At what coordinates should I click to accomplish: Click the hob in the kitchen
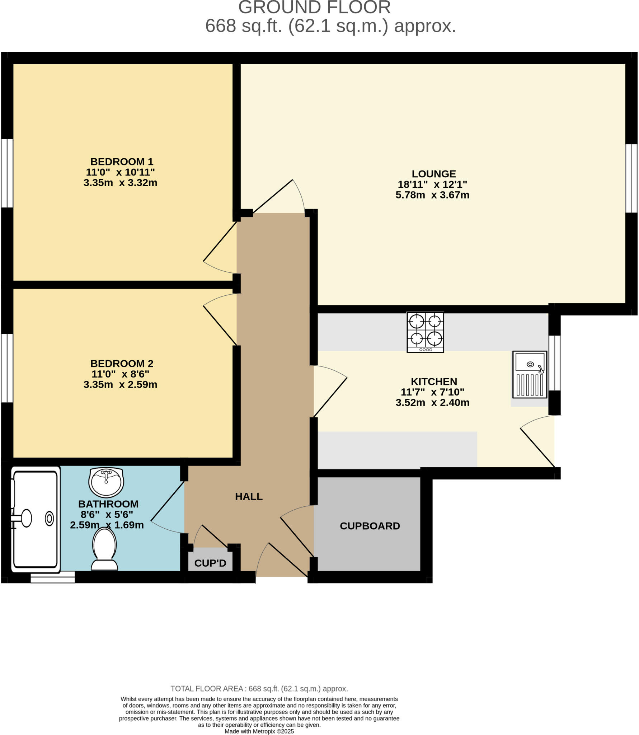pyautogui.click(x=425, y=332)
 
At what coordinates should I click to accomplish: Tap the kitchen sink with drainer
pyautogui.click(x=529, y=374)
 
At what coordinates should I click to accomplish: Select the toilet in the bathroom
pyautogui.click(x=104, y=549)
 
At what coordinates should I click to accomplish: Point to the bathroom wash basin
pyautogui.click(x=106, y=482)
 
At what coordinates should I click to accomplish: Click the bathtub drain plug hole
pyautogui.click(x=49, y=518)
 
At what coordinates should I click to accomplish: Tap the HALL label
pyautogui.click(x=249, y=497)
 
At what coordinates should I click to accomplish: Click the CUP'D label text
pyautogui.click(x=210, y=563)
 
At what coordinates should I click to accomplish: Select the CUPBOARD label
pyautogui.click(x=370, y=526)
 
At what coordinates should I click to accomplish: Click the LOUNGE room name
pyautogui.click(x=433, y=174)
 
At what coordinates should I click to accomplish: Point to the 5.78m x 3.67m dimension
pyautogui.click(x=432, y=195)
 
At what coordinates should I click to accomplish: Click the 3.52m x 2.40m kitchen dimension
pyautogui.click(x=432, y=402)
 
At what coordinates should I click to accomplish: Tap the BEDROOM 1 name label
pyautogui.click(x=122, y=161)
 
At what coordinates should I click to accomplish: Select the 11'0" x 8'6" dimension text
pyautogui.click(x=120, y=374)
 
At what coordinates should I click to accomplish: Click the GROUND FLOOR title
pyautogui.click(x=314, y=8)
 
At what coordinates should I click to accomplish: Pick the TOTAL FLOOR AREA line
pyautogui.click(x=259, y=688)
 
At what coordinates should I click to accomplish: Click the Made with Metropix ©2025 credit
pyautogui.click(x=259, y=731)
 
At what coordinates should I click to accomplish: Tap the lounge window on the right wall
pyautogui.click(x=631, y=178)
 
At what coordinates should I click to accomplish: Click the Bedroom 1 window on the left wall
pyautogui.click(x=7, y=173)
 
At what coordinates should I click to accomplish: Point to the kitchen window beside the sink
pyautogui.click(x=554, y=363)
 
